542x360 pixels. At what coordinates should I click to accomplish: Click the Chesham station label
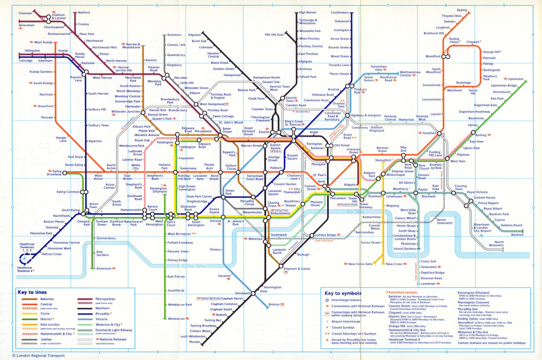[25, 13]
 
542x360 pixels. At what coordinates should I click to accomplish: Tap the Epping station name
[462, 10]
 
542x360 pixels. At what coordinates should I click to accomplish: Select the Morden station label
[194, 342]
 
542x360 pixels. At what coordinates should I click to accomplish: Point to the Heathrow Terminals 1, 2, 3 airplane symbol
[24, 259]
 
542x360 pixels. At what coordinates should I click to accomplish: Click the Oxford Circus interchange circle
[238, 172]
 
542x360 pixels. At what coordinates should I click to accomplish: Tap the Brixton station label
[274, 304]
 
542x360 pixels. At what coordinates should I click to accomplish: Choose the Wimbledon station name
[176, 319]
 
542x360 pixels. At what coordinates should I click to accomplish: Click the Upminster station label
[516, 79]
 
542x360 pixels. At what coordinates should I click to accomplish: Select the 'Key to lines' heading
[32, 292]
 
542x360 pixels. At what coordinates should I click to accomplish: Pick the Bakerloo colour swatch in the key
[29, 299]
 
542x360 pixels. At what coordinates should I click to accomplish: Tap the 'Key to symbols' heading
[343, 293]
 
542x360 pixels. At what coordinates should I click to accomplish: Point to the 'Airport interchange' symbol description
[346, 321]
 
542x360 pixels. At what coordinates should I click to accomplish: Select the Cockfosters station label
[339, 13]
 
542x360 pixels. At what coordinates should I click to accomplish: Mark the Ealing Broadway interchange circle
[65, 173]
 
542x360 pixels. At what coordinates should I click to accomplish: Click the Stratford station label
[429, 133]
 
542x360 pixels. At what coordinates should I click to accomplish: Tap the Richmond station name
[104, 268]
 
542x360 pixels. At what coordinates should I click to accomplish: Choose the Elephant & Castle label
[297, 269]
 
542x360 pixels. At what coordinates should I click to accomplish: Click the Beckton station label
[517, 235]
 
